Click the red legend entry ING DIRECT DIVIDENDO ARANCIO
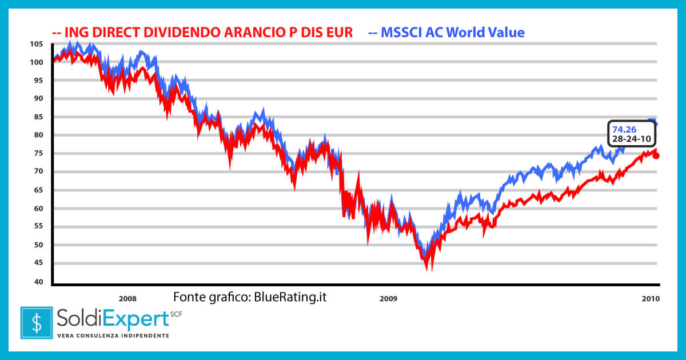point(202,32)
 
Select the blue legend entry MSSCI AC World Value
point(446,32)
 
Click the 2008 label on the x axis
point(127,298)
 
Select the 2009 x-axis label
point(388,298)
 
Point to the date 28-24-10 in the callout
point(632,139)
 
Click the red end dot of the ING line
point(656,155)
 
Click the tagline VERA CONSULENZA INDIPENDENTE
point(113,335)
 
